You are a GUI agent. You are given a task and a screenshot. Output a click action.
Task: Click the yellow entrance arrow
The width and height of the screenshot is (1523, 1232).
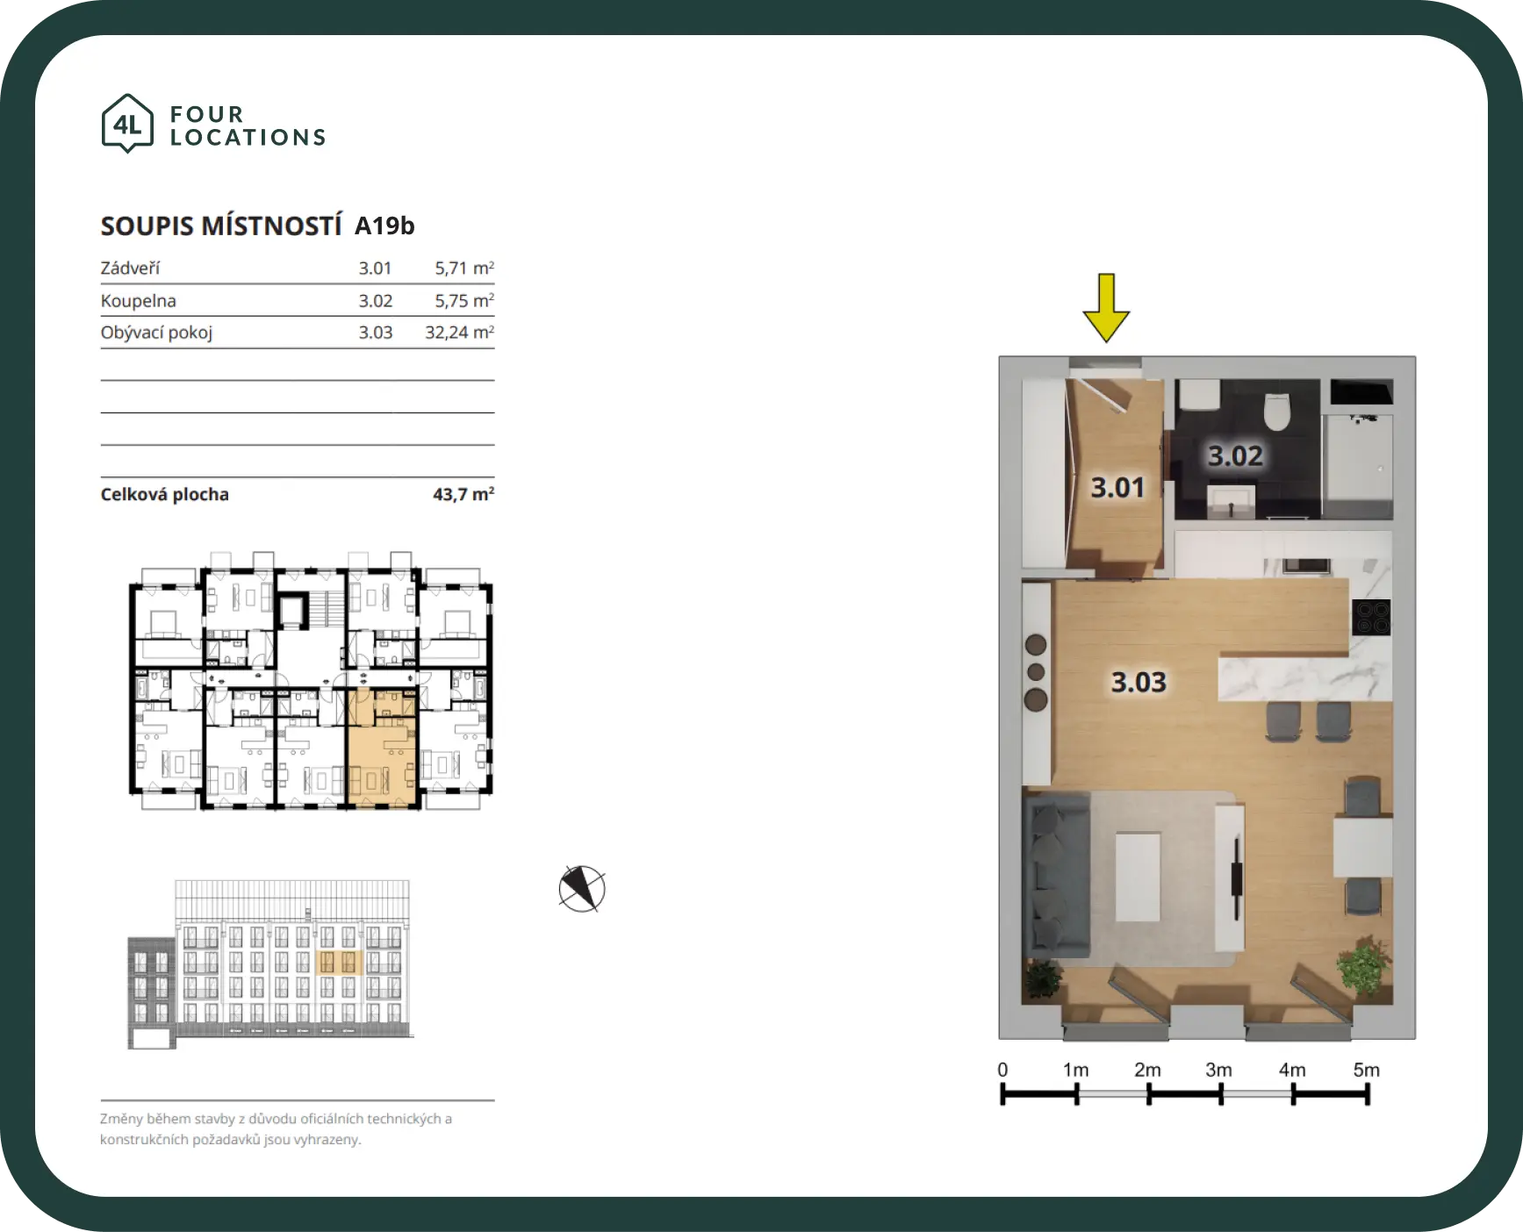point(1106,307)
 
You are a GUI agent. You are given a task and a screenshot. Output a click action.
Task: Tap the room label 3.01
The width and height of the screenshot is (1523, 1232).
point(1117,487)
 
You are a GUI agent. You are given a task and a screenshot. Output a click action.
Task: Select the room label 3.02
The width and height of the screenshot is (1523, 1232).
point(1235,455)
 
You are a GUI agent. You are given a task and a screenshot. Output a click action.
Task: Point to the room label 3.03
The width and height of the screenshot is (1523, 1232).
point(1139,682)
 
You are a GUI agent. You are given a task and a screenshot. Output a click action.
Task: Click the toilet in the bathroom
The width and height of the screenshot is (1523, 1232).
point(1276,411)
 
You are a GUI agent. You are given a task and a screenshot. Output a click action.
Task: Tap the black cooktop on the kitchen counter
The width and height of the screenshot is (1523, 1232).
point(1371,617)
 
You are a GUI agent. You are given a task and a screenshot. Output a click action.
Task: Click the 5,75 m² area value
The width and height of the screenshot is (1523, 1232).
point(464,300)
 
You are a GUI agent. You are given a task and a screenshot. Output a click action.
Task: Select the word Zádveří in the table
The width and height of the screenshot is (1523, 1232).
point(130,268)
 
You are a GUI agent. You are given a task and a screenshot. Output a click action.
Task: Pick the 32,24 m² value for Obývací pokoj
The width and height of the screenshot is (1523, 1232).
point(459,333)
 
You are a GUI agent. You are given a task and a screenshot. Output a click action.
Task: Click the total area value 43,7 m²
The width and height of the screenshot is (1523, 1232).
point(463,494)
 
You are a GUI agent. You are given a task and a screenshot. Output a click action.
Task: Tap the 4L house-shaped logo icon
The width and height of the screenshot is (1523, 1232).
point(127,124)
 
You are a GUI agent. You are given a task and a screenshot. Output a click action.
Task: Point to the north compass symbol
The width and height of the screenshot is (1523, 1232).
point(582,889)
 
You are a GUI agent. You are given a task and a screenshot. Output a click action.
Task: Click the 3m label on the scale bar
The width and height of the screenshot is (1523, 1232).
point(1218,1070)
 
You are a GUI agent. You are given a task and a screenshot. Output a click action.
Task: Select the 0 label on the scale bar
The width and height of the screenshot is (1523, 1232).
point(1002,1070)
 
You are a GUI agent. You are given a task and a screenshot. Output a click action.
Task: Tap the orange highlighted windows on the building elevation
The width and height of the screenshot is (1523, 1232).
point(338,962)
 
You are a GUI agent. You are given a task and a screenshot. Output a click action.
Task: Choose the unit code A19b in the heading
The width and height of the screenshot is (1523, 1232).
point(384,226)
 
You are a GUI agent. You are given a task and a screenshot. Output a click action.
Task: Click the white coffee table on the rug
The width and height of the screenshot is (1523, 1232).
point(1138,877)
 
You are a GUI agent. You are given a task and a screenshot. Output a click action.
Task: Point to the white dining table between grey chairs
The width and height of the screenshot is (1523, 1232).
point(1363,847)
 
